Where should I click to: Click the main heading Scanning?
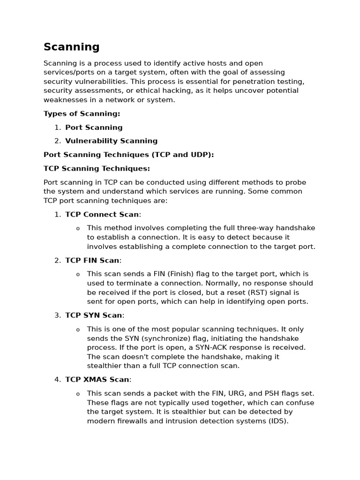pyautogui.click(x=71, y=47)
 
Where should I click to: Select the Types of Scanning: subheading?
pyautogui.click(x=82, y=113)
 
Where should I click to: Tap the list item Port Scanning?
pyautogui.click(x=94, y=127)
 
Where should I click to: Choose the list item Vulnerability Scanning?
pyautogui.click(x=111, y=141)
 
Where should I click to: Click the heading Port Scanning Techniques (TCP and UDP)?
pyautogui.click(x=128, y=155)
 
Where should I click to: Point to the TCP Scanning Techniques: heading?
pyautogui.click(x=97, y=168)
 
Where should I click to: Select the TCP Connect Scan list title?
pyautogui.click(x=102, y=215)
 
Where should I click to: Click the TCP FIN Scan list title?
pyautogui.click(x=92, y=261)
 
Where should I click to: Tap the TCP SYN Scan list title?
pyautogui.click(x=94, y=315)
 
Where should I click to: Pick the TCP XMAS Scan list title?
pyautogui.click(x=97, y=380)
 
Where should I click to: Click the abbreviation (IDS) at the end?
pyautogui.click(x=278, y=421)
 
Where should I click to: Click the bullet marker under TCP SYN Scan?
pyautogui.click(x=78, y=330)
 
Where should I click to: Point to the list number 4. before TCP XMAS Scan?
pyautogui.click(x=58, y=380)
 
